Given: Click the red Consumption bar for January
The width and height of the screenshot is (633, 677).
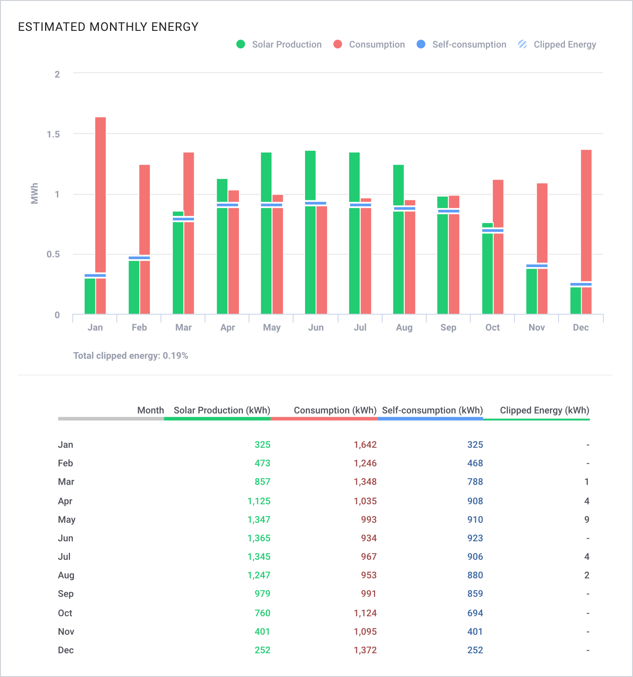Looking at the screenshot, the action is (x=101, y=216).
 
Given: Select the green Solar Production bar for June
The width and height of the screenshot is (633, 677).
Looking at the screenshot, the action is (x=310, y=232).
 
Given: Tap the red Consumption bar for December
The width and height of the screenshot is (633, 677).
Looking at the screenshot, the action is (x=586, y=232).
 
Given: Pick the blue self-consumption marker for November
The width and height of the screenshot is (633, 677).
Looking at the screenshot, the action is (x=537, y=266).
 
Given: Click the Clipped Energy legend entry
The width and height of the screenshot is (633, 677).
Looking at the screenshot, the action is (x=557, y=44).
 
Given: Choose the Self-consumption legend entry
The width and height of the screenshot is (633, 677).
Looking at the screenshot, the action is (x=461, y=44).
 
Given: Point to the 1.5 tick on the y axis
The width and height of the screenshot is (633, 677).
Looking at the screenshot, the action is (x=53, y=134).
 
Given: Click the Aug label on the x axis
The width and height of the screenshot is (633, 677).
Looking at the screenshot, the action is (x=404, y=328).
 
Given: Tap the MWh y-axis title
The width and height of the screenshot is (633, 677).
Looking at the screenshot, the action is (x=35, y=193).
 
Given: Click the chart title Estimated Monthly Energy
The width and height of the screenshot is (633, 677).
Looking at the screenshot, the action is (x=108, y=27).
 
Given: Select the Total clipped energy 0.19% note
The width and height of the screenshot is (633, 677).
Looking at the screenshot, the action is (x=131, y=356).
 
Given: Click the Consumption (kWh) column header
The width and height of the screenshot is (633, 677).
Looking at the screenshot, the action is (x=335, y=410).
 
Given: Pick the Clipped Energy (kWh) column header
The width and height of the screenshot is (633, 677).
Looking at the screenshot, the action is (x=545, y=410).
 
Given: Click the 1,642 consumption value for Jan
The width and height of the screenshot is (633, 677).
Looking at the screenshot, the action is (x=365, y=445).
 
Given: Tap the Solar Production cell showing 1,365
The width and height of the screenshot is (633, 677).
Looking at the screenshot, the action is (x=259, y=538).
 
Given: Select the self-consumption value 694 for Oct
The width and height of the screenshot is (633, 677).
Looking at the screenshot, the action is (x=475, y=613).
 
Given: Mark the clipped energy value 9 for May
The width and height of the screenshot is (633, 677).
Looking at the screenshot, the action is (x=587, y=520).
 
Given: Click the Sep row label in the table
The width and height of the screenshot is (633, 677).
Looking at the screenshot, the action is (x=66, y=594).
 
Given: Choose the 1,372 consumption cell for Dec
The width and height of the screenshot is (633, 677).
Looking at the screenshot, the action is (x=365, y=650).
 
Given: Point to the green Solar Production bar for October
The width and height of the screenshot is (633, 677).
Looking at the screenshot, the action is (x=487, y=269).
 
